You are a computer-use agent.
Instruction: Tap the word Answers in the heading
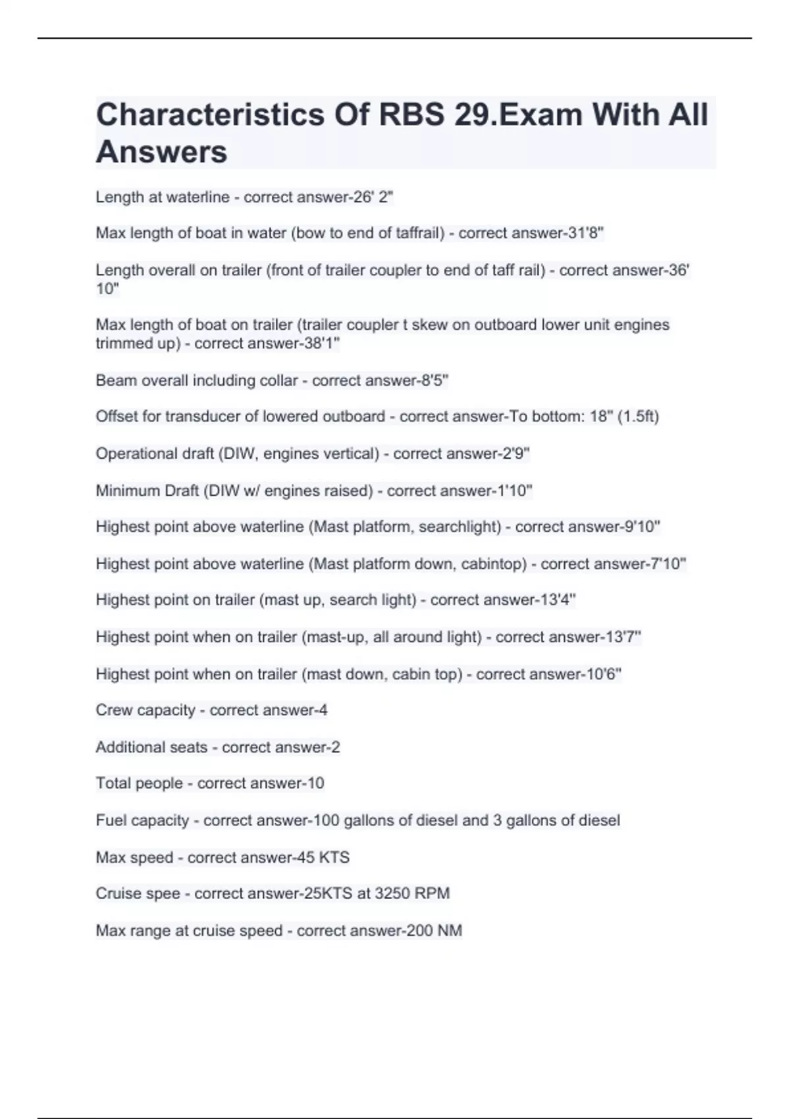tap(161, 152)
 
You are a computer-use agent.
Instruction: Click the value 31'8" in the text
tap(585, 233)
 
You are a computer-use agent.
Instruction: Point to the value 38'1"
tap(323, 344)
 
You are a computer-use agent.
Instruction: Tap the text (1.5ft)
tap(638, 417)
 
